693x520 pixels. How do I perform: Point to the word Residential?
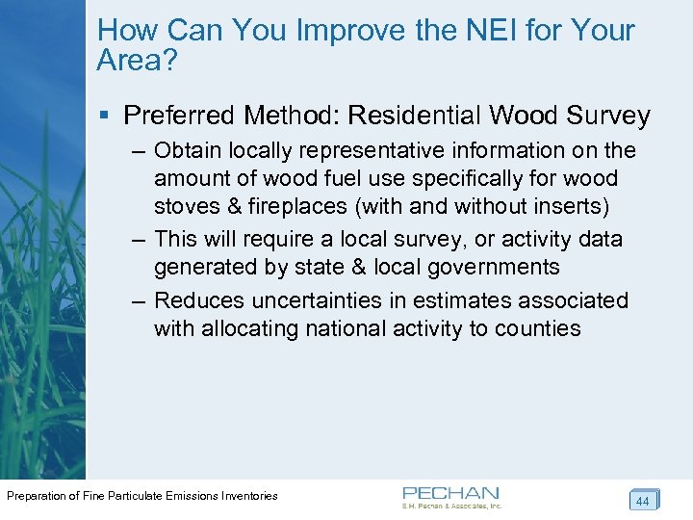[x=414, y=117]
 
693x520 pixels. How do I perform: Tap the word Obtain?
[x=187, y=150]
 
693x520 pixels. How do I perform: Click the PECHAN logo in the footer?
[x=451, y=496]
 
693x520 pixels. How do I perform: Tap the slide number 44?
[x=643, y=501]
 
